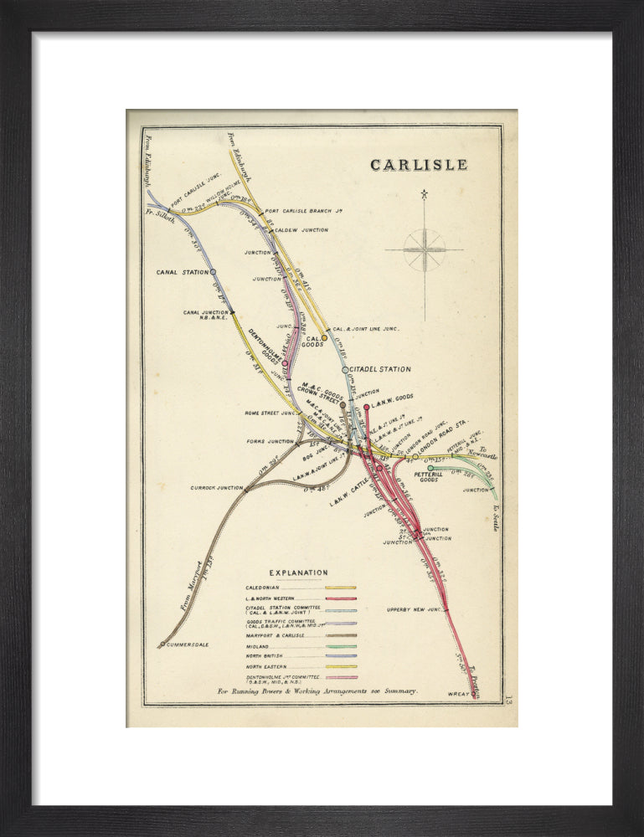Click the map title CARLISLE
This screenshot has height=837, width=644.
click(419, 165)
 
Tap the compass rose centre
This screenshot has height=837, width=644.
click(425, 249)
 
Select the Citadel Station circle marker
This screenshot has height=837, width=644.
click(345, 369)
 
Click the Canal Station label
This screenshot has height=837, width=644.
click(182, 272)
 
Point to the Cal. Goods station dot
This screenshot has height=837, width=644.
click(325, 338)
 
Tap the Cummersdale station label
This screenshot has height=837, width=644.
click(186, 644)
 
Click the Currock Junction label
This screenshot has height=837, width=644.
click(217, 488)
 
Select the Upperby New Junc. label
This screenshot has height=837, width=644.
click(414, 609)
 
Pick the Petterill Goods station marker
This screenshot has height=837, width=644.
click(430, 469)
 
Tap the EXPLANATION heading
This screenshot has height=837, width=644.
click(298, 573)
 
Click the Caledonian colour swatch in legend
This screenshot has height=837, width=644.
click(341, 588)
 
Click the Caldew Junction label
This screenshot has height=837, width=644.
click(301, 229)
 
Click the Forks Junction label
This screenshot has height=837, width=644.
click(268, 441)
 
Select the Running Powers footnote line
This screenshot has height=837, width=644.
click(317, 692)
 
